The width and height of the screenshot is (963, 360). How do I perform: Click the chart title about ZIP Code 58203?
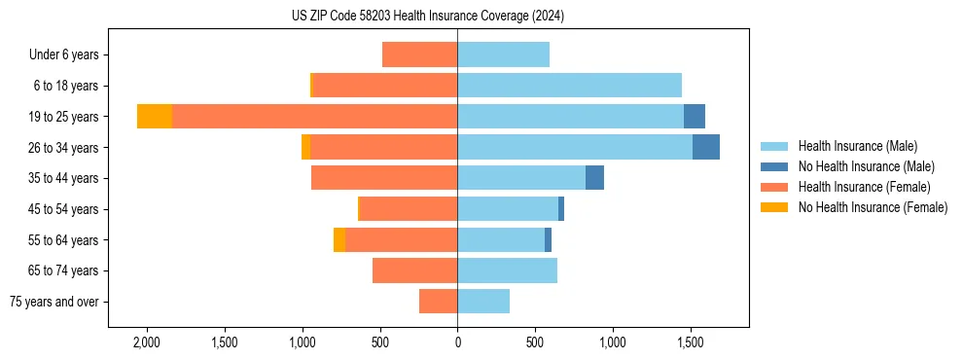[x=428, y=17]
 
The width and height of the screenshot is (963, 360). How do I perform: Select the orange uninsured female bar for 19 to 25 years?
[x=155, y=117]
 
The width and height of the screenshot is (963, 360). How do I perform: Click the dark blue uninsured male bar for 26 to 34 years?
[x=706, y=147]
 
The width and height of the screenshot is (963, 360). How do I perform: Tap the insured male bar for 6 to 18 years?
[x=569, y=86]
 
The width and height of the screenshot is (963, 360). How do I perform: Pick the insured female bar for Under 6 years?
[x=419, y=54]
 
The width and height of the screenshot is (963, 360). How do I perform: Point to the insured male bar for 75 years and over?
[x=483, y=302]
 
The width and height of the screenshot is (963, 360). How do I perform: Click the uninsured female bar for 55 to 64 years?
[x=339, y=239]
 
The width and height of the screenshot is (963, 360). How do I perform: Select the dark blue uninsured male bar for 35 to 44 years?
[x=594, y=178]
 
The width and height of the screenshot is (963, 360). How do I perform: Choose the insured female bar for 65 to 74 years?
[x=414, y=270]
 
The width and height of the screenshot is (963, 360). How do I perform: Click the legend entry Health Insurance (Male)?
[x=857, y=146]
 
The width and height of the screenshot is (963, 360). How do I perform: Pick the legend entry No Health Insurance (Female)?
[x=873, y=207]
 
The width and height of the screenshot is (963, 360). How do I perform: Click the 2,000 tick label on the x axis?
[x=147, y=343]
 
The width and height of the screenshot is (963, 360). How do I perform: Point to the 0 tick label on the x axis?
[x=457, y=343]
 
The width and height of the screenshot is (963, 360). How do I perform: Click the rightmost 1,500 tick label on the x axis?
[x=690, y=343]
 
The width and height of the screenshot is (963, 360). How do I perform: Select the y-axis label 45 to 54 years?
[x=63, y=209]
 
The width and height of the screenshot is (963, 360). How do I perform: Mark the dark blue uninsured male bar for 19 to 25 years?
[x=695, y=117]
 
